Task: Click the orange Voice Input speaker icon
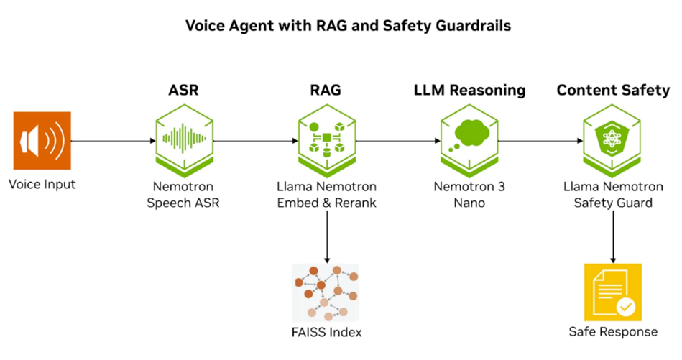click(42, 141)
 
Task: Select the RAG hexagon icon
click(328, 141)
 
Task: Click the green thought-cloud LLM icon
click(469, 140)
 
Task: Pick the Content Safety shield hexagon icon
click(613, 141)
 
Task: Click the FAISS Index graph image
click(326, 292)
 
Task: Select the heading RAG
click(327, 91)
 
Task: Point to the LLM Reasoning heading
click(469, 91)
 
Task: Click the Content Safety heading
click(613, 91)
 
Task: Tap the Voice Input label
click(42, 185)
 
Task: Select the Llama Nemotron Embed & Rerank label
click(327, 194)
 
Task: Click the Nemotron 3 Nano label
click(469, 194)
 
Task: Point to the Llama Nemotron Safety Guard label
click(613, 194)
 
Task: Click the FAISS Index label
click(327, 333)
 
